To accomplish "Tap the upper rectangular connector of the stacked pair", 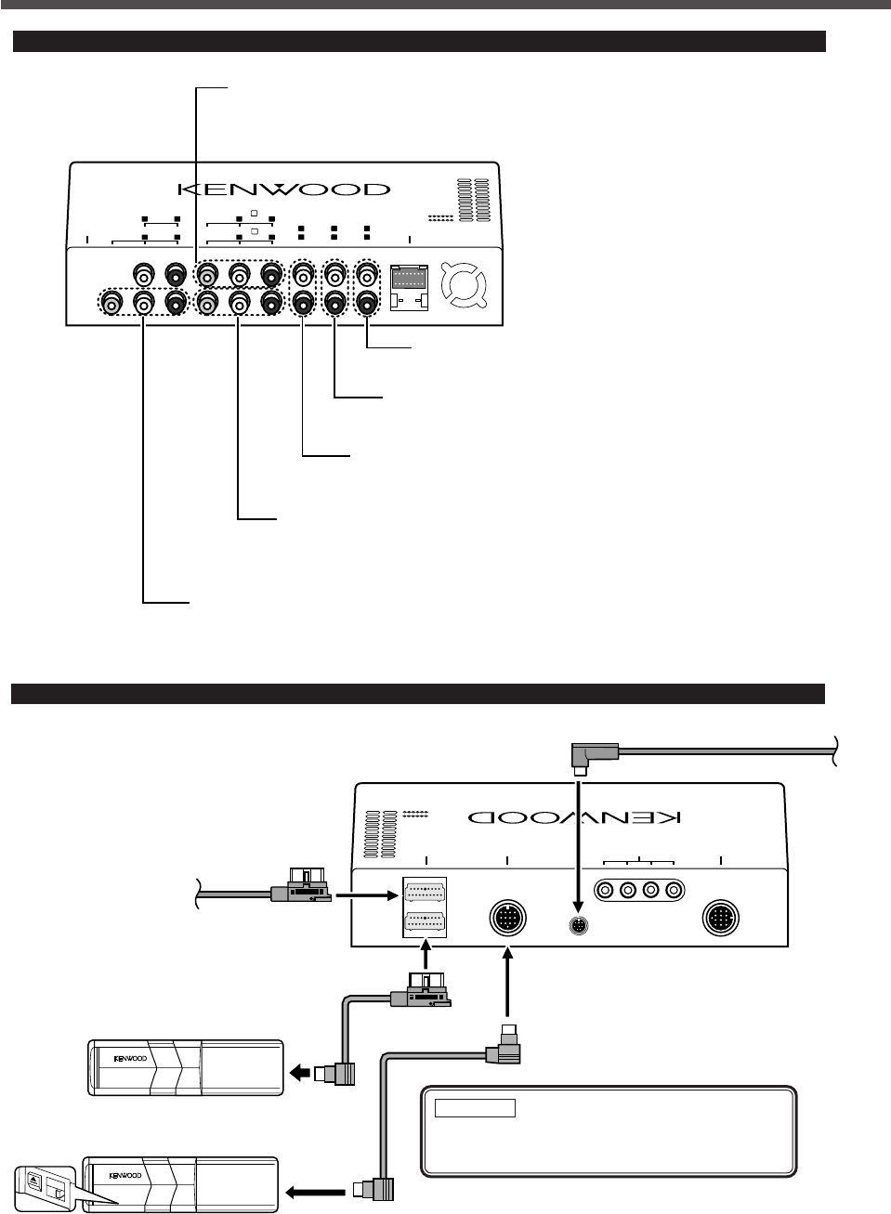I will (x=425, y=894).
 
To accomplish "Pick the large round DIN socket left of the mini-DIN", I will (x=507, y=920).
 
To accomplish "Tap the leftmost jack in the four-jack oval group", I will (x=607, y=890).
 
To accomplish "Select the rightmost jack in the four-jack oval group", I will (x=674, y=890).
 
